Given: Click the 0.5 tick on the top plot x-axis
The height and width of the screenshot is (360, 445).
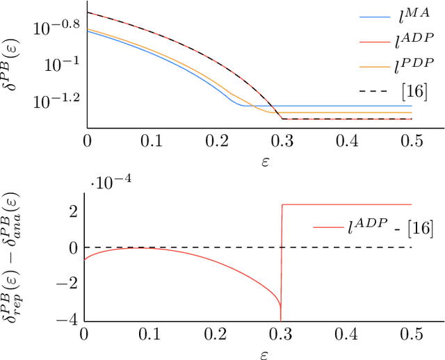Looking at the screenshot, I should point(412,140).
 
